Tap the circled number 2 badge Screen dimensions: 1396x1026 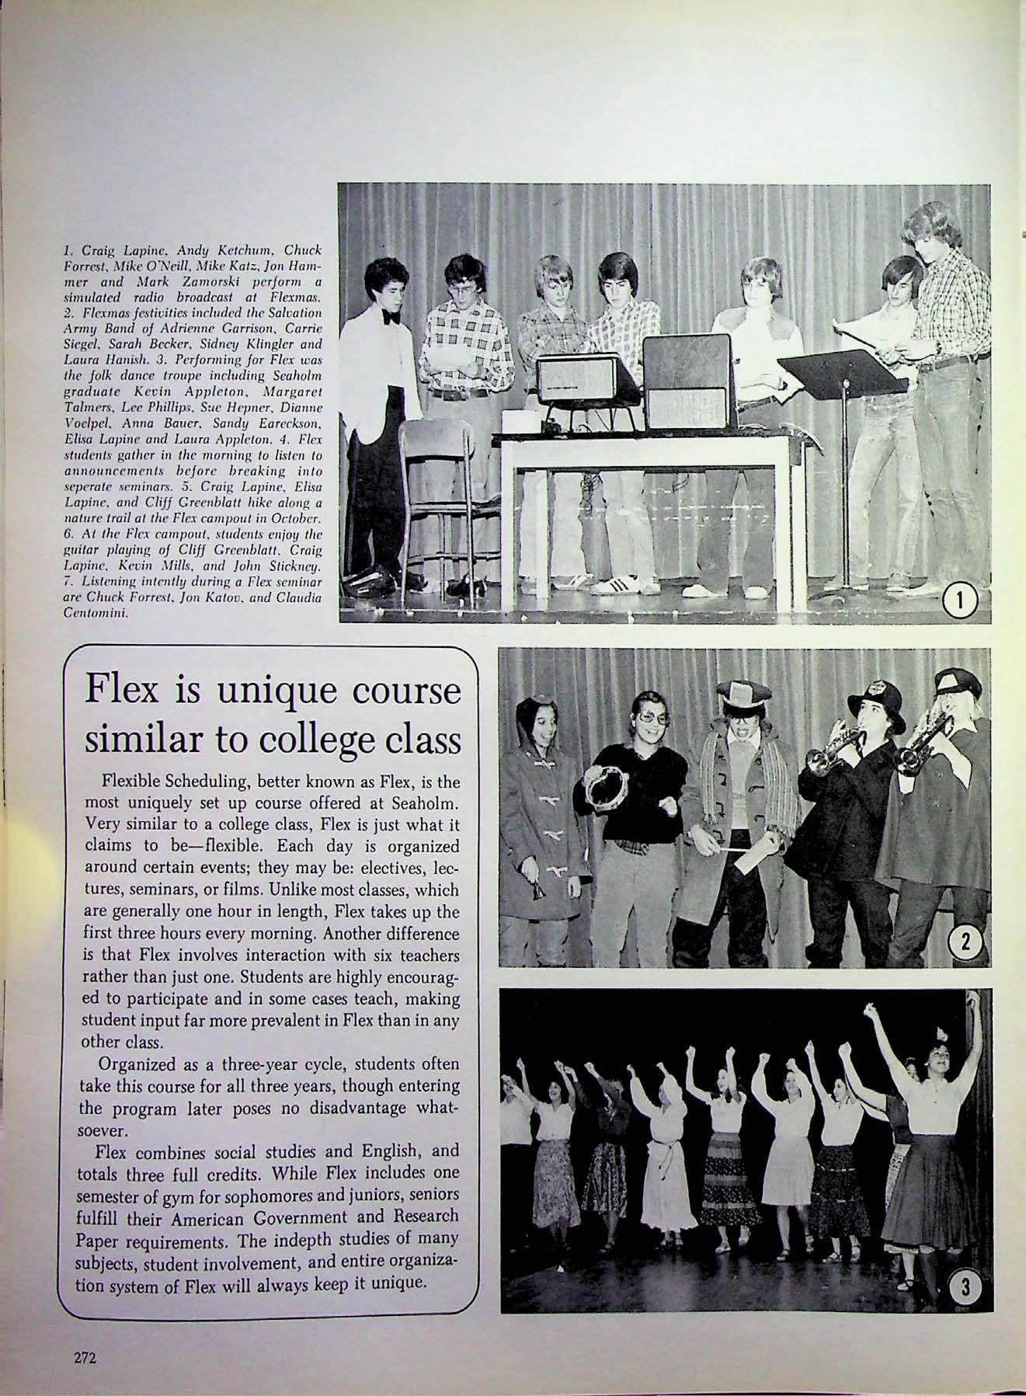click(x=965, y=942)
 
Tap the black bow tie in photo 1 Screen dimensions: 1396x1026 click(x=391, y=316)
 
